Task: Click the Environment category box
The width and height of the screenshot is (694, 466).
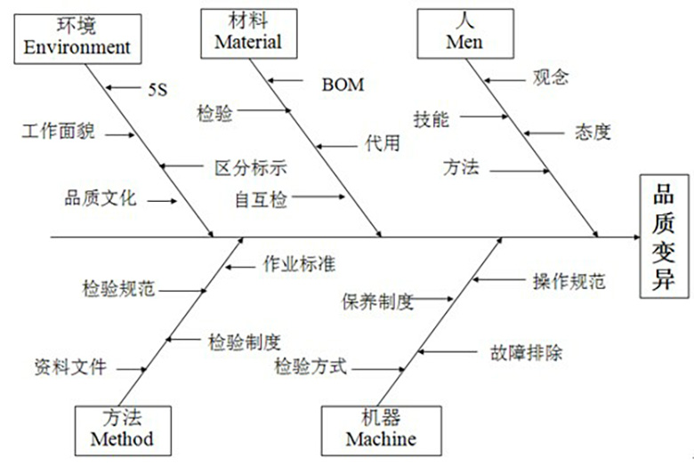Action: click(77, 36)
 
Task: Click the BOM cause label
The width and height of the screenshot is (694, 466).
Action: click(343, 84)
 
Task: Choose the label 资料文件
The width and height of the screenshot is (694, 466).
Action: click(70, 367)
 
